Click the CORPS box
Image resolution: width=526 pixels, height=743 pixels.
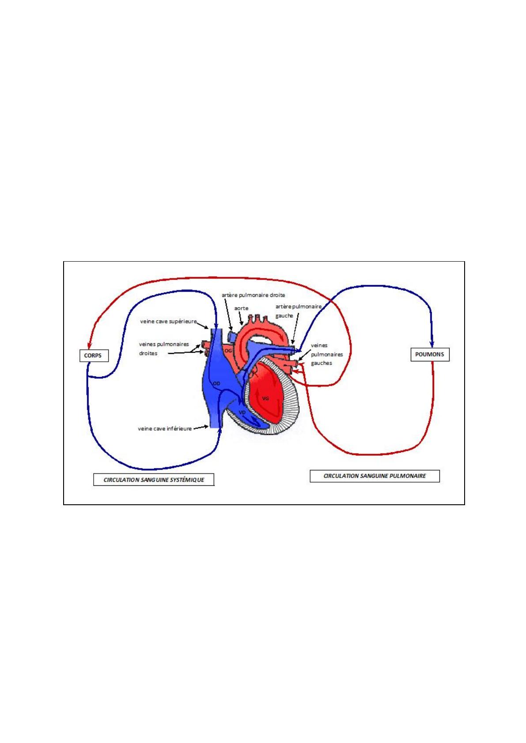tap(93, 356)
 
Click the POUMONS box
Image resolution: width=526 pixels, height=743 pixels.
tap(429, 354)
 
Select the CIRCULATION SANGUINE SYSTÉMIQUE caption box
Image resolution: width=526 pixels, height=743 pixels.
tap(154, 480)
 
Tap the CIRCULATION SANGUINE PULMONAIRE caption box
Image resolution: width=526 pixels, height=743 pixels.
tap(374, 476)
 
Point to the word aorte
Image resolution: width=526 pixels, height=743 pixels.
tap(241, 308)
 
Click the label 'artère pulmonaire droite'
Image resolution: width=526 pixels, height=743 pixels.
tap(253, 295)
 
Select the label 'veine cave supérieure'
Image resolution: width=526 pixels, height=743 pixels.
tap(168, 322)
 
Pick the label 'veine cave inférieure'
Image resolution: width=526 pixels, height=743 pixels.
tap(165, 428)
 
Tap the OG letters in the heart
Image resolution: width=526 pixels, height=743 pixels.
tap(228, 350)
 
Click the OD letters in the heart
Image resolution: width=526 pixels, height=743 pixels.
tap(216, 383)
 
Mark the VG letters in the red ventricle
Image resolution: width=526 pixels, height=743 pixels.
tap(265, 398)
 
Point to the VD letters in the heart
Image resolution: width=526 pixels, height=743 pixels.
tap(242, 412)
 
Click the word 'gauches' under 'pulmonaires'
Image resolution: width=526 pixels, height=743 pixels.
tap(321, 363)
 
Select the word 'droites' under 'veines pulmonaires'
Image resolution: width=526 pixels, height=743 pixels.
tap(148, 353)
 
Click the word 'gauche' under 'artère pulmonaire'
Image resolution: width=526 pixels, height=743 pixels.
tap(284, 316)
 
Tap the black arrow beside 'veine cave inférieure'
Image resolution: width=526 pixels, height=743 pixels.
tap(201, 427)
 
